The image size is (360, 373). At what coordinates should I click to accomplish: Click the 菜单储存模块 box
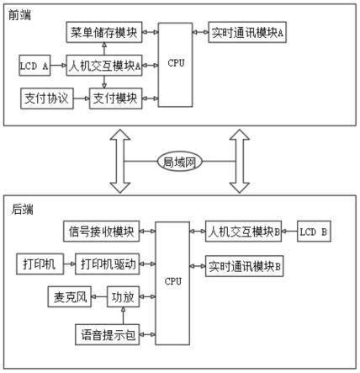[103, 33]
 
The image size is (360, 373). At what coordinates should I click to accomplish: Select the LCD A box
[35, 64]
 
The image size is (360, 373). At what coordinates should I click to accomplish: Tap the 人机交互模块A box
[103, 64]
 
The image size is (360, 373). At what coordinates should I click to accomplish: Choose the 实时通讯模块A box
[246, 33]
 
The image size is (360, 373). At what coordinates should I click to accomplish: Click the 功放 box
[123, 298]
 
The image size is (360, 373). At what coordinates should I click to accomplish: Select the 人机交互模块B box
[242, 230]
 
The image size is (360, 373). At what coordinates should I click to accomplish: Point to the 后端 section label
[22, 208]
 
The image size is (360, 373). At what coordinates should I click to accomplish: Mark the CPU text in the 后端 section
[173, 280]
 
